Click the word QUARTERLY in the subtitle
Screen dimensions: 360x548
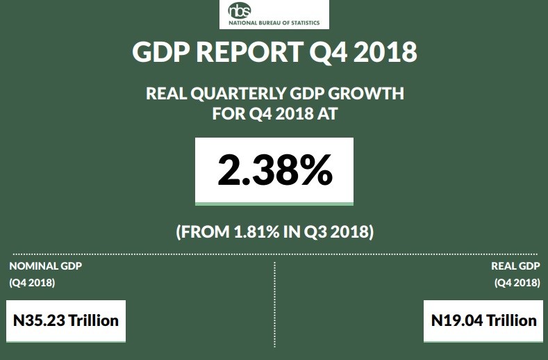[x=240, y=94]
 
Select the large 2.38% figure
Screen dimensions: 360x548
[x=274, y=171]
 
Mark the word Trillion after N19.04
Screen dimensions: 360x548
[x=511, y=320]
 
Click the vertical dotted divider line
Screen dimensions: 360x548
[x=275, y=306]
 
